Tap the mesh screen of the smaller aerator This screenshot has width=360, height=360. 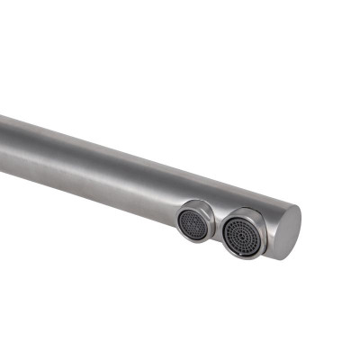(193, 221)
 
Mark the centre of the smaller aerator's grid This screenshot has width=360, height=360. (193, 221)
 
